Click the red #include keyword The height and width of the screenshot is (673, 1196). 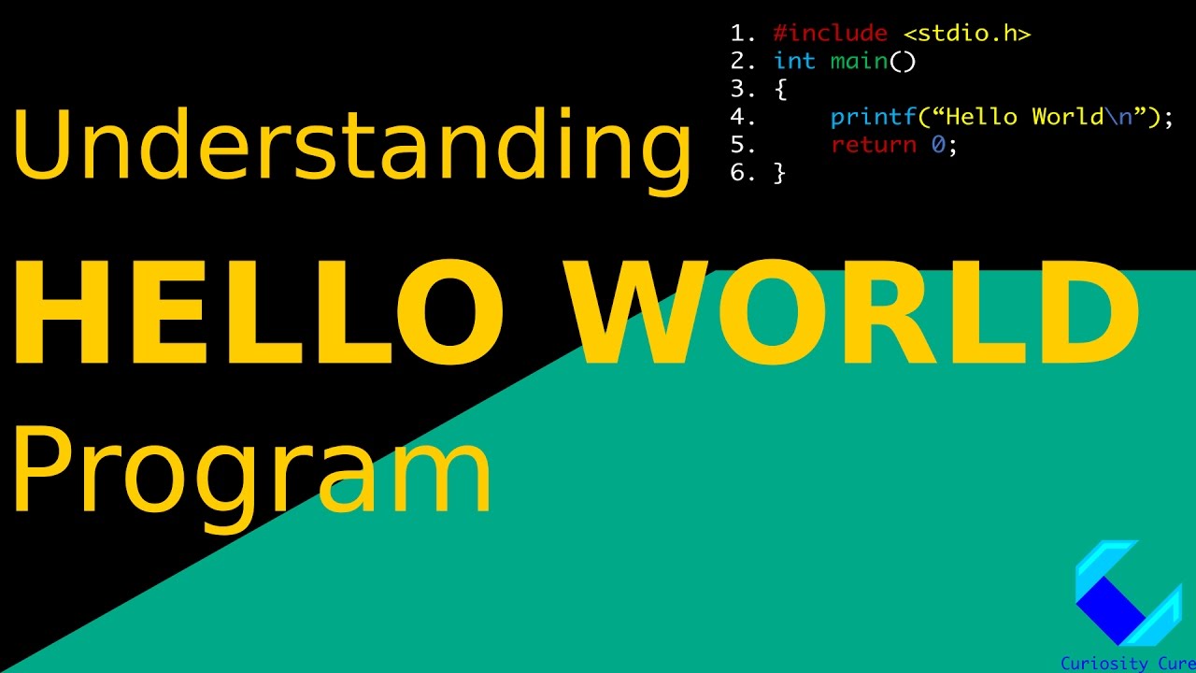point(830,34)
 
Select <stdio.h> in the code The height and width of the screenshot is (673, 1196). point(966,34)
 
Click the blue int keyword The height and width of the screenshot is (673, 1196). point(794,62)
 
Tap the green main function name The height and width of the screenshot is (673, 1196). point(858,62)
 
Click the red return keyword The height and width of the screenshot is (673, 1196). point(873,145)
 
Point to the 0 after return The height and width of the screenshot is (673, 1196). point(938,145)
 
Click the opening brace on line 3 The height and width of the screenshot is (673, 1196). point(780,90)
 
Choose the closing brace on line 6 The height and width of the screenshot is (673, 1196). point(780,173)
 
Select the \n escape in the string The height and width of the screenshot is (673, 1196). point(1118,118)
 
